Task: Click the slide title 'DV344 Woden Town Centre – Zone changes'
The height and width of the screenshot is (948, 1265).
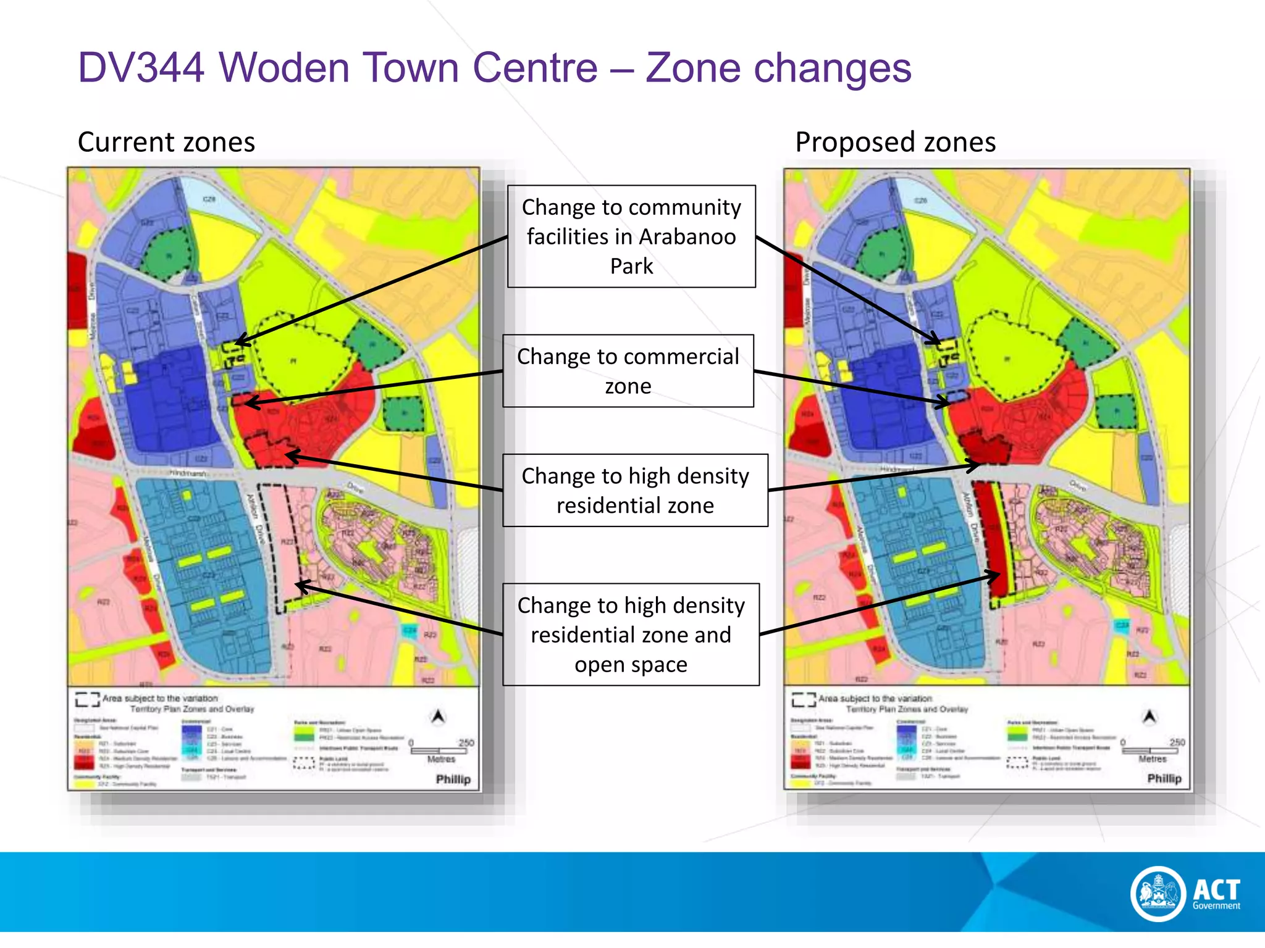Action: (x=494, y=67)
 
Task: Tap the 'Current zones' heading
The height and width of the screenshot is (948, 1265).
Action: (x=166, y=142)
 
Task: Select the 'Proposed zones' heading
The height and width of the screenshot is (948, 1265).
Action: (x=895, y=142)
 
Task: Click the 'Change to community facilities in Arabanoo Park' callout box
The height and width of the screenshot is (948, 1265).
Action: (x=631, y=236)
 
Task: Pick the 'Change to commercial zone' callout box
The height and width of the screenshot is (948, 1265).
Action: (x=628, y=371)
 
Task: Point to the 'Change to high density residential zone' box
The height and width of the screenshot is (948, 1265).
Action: (x=635, y=491)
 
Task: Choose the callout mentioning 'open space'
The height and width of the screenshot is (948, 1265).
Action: (x=631, y=634)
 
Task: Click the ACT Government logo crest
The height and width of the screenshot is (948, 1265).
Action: (x=1158, y=893)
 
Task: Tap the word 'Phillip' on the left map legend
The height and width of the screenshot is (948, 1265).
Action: (x=453, y=780)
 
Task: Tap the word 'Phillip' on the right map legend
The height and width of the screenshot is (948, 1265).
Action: (x=1164, y=779)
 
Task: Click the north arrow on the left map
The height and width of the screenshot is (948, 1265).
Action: (x=439, y=717)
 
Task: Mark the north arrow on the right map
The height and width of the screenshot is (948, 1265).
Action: (x=1149, y=717)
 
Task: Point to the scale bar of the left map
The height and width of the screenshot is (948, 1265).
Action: (x=440, y=750)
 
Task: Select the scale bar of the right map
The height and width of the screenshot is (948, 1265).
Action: (x=1151, y=750)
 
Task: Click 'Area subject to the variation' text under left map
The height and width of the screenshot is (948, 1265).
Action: (x=160, y=699)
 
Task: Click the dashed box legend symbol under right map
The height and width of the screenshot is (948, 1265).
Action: (x=804, y=699)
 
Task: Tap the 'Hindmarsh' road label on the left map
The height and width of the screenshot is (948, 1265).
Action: (x=188, y=473)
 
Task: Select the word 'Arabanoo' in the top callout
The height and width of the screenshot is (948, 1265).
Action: (x=687, y=237)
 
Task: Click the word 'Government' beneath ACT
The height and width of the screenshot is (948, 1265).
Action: (x=1216, y=906)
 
